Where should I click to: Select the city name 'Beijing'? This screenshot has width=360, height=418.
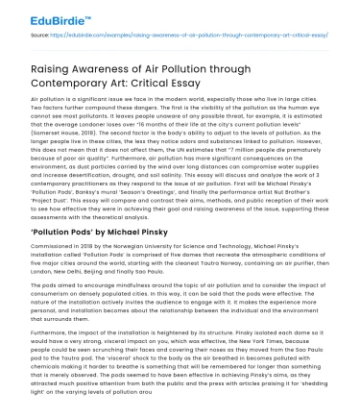(131, 269)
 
